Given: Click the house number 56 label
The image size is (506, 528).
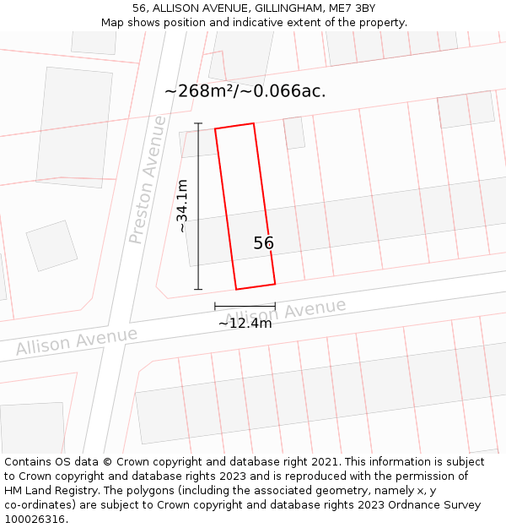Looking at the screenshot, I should tap(263, 243).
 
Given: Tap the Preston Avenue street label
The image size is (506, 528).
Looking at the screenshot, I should tap(148, 180).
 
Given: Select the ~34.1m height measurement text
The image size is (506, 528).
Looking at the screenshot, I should tap(182, 205).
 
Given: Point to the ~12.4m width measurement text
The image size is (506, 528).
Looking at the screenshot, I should tap(245, 323).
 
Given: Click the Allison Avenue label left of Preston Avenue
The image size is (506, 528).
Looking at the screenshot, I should tap(76, 341).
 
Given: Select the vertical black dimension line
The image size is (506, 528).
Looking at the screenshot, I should tap(199, 206).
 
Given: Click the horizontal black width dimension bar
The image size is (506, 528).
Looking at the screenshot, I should tap(245, 305).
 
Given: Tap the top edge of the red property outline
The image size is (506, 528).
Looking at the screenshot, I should tap(234, 126).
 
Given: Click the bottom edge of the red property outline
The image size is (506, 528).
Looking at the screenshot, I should tap(256, 286).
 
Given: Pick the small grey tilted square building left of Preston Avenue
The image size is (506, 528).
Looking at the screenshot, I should tap(51, 245).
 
